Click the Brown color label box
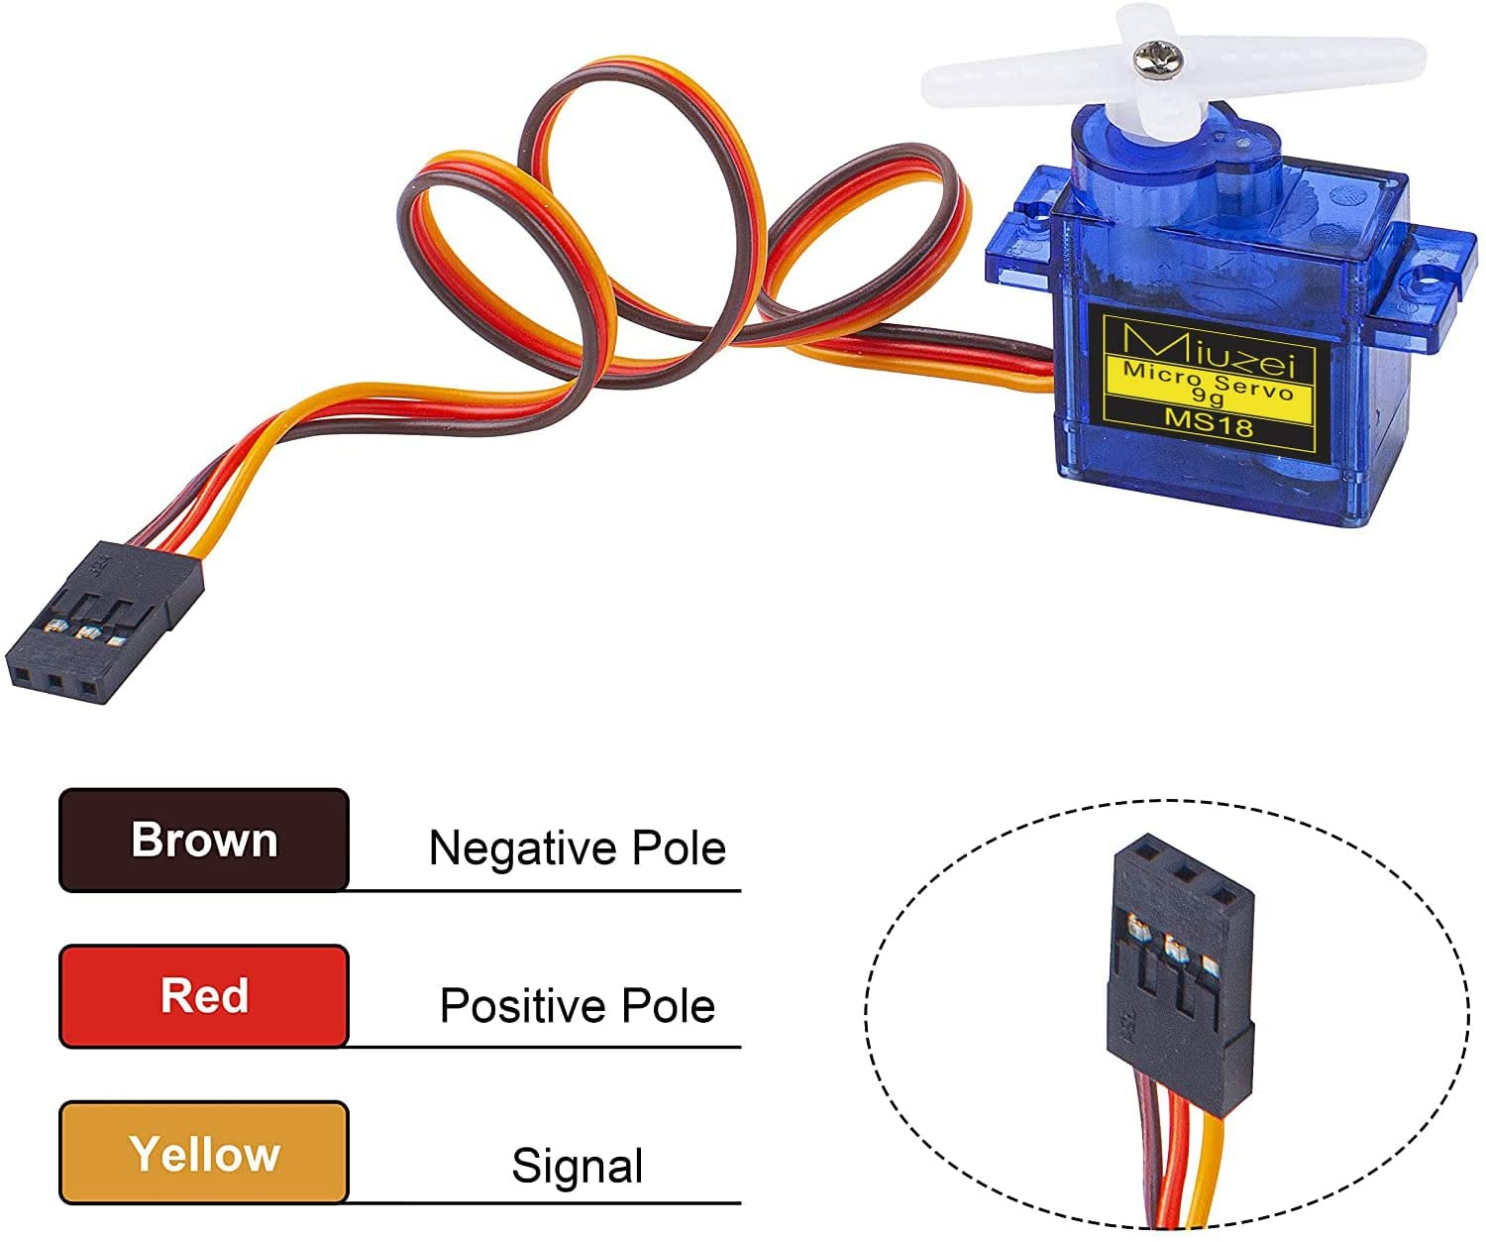(x=203, y=840)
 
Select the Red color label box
(x=203, y=995)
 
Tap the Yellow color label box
(x=203, y=1152)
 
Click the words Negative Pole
(x=578, y=848)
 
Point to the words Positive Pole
(x=578, y=1005)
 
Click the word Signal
(x=578, y=1165)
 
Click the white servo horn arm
(x=1173, y=71)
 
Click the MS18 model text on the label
(x=1209, y=423)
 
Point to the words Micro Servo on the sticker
(x=1207, y=381)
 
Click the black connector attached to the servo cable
(x=104, y=621)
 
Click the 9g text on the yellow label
(x=1208, y=395)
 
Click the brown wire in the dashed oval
(x=1147, y=1154)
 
